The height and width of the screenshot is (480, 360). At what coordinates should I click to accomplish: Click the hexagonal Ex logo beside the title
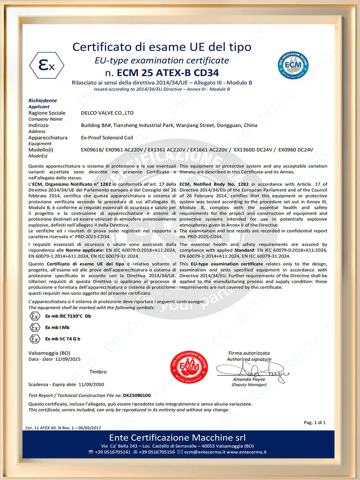pyautogui.click(x=46, y=66)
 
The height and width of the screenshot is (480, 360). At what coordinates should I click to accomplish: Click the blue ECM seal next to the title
pyautogui.click(x=293, y=65)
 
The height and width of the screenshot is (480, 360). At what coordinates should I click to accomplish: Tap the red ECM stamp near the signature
pyautogui.click(x=189, y=367)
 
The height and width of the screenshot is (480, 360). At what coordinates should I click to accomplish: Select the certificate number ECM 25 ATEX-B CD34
pyautogui.click(x=168, y=73)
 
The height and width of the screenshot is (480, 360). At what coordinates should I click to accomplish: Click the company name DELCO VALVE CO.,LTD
pyautogui.click(x=107, y=113)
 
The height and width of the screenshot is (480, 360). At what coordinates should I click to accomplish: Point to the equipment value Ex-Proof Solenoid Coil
pyautogui.click(x=107, y=138)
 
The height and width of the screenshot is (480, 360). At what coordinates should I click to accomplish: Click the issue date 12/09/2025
pyautogui.click(x=68, y=359)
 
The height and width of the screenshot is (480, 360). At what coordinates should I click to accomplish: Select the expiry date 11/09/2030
pyautogui.click(x=91, y=384)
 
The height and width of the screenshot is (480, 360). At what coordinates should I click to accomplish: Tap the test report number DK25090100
pyautogui.click(x=137, y=395)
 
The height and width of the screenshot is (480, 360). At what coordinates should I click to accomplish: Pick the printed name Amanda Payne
pyautogui.click(x=249, y=379)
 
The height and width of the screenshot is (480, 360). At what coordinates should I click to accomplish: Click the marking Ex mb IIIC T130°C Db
pyautogui.click(x=68, y=316)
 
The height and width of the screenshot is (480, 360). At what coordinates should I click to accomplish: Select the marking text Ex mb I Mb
pyautogui.click(x=57, y=327)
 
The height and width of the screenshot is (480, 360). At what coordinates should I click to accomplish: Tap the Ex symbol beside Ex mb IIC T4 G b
pyautogui.click(x=35, y=339)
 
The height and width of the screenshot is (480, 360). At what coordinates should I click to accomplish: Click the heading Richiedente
pyautogui.click(x=43, y=100)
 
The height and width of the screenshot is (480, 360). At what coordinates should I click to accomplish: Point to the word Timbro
pyautogui.click(x=98, y=372)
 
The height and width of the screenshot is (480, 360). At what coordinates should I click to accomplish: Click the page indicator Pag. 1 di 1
pyautogui.click(x=315, y=422)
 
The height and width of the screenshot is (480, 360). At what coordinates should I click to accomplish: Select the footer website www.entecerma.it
pyautogui.click(x=246, y=452)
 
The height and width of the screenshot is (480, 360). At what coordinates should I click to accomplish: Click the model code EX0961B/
pyautogui.click(x=92, y=150)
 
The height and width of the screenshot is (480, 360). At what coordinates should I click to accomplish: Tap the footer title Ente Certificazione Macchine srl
pyautogui.click(x=177, y=438)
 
